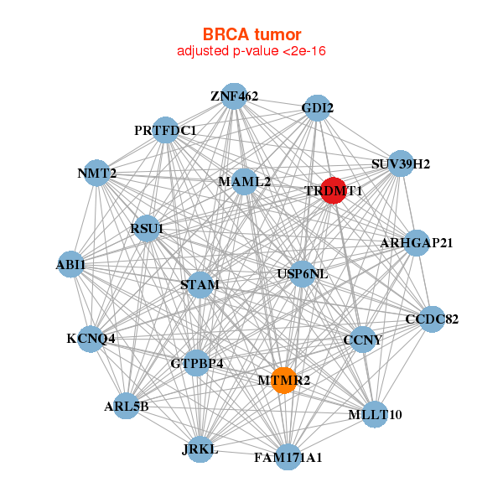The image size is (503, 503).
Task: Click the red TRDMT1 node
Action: click(x=334, y=189)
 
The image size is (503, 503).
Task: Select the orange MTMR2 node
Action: click(x=284, y=380)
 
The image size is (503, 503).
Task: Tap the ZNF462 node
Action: click(x=235, y=96)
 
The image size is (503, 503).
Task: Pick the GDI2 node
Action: click(x=316, y=108)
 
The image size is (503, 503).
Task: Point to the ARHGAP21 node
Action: click(x=417, y=242)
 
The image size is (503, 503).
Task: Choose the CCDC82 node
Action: click(x=431, y=319)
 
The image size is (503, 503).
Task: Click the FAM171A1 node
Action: click(x=288, y=457)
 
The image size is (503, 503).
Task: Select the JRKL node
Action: click(x=200, y=449)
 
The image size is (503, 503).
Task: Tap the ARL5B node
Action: click(x=126, y=406)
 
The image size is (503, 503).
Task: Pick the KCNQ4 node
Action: click(x=91, y=339)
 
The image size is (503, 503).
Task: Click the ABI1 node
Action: click(x=70, y=263)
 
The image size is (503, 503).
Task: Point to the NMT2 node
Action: click(x=96, y=173)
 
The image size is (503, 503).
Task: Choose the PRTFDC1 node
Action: click(x=165, y=130)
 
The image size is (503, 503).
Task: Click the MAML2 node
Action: click(x=244, y=181)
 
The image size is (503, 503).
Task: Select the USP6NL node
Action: click(x=302, y=273)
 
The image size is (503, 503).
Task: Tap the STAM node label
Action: click(x=200, y=285)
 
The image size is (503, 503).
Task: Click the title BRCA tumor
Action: click(x=251, y=34)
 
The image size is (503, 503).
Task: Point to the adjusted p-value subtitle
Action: click(x=251, y=51)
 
